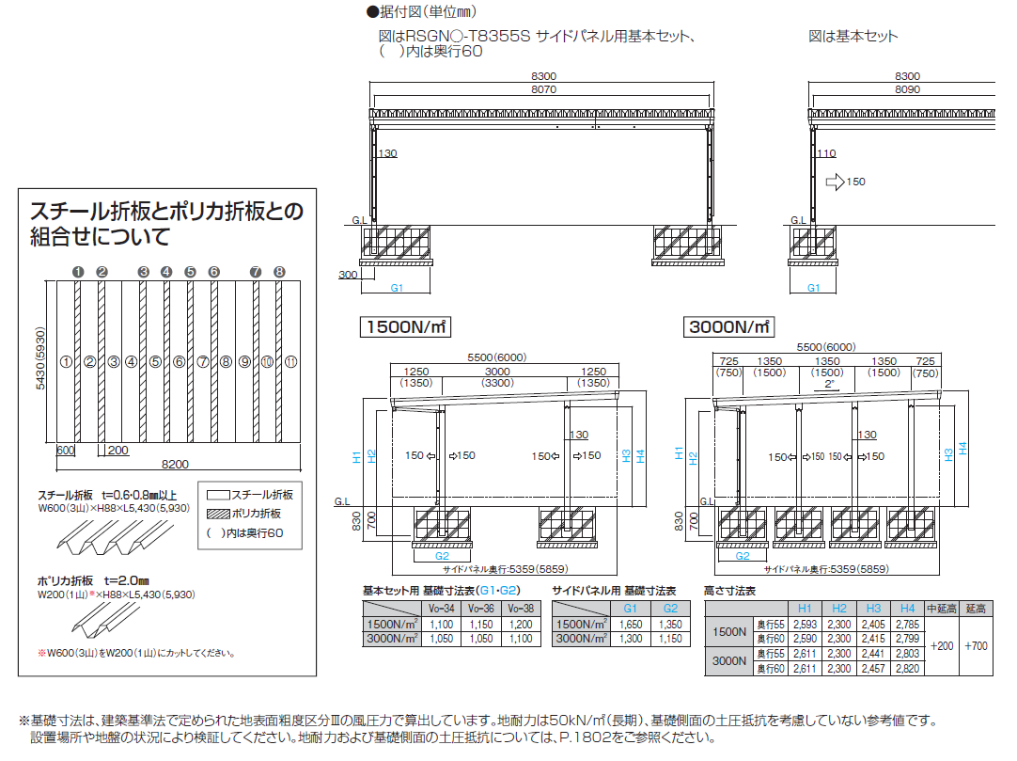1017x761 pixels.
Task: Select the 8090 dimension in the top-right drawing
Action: pos(907,90)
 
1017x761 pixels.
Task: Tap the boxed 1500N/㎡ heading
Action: pos(405,327)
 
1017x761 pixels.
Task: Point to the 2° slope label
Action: pos(828,385)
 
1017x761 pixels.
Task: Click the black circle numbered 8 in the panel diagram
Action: pos(279,272)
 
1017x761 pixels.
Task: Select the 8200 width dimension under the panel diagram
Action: pos(175,463)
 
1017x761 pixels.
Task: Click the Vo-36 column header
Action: pos(480,610)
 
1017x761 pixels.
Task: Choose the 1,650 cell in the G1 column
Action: pos(630,624)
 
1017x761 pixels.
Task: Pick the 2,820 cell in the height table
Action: pos(907,668)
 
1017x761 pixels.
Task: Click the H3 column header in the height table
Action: pos(874,609)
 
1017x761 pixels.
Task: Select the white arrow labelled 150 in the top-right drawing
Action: pos(834,182)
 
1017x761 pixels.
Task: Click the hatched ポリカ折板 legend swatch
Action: pos(218,514)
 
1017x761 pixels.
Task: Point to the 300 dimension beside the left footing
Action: pos(349,275)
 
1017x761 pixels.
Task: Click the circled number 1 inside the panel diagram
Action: pos(66,360)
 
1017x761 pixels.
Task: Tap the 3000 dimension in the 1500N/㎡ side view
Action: pos(497,373)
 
